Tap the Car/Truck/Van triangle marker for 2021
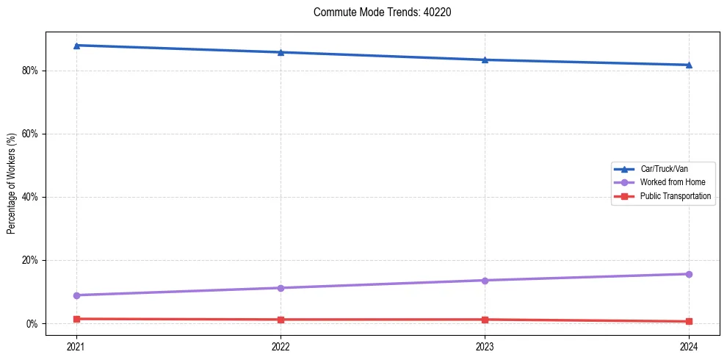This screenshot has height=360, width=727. point(76,46)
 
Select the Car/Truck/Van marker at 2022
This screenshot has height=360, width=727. point(281,52)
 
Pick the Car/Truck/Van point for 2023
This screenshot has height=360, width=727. point(485,60)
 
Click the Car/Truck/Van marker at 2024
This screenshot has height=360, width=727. point(689,65)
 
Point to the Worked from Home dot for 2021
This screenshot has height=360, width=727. point(76,295)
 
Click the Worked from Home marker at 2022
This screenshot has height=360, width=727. point(281,288)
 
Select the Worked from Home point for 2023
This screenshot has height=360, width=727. point(485,280)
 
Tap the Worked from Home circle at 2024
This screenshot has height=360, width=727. point(689,274)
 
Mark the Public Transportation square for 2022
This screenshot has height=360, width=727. point(281,320)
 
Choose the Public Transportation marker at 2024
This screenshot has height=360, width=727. point(689,321)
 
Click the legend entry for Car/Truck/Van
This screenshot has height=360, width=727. point(664,169)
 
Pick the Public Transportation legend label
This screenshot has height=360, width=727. point(676,196)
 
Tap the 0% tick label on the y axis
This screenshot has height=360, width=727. point(32,323)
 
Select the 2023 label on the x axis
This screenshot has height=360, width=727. point(485,345)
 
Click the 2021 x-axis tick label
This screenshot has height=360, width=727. point(76,345)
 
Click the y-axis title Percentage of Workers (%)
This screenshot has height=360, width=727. point(11,184)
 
